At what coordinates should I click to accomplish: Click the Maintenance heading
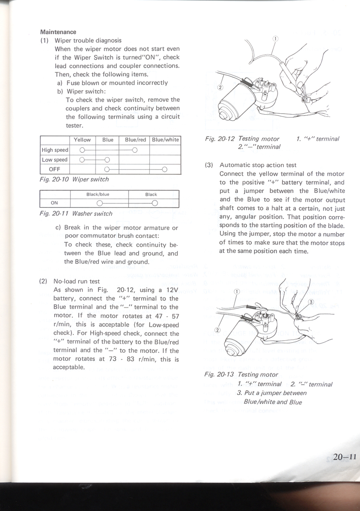click(x=58, y=32)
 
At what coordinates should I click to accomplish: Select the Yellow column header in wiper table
click(x=82, y=140)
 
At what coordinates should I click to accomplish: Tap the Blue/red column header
click(x=135, y=140)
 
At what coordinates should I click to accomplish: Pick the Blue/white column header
click(x=165, y=140)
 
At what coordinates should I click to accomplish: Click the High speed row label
click(x=55, y=150)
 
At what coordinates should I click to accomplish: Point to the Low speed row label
click(x=55, y=160)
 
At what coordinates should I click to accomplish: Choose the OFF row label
click(x=54, y=169)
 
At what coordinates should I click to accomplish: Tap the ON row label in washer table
click(x=54, y=203)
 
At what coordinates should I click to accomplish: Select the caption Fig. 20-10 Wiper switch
click(x=74, y=179)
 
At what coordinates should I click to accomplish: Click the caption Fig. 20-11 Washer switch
click(x=77, y=214)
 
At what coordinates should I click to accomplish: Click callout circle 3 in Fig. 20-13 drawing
click(x=310, y=302)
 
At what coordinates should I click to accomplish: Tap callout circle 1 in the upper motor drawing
click(x=276, y=39)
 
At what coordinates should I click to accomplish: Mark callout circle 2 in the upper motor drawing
click(x=220, y=87)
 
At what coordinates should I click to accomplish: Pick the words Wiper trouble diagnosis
click(x=88, y=41)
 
